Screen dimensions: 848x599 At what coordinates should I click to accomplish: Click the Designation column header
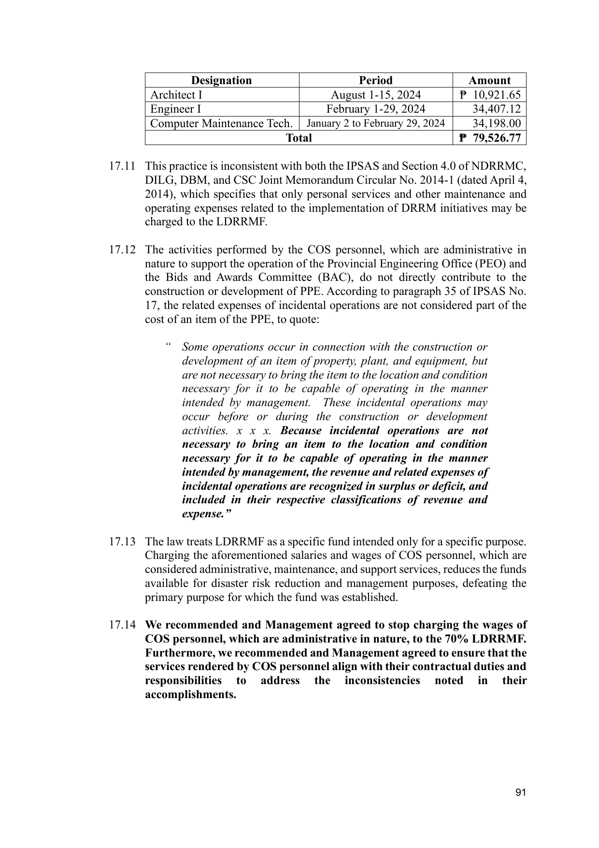click(x=221, y=80)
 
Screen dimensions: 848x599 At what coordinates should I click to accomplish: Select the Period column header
click(x=375, y=80)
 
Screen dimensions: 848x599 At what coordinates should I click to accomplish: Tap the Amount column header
click(x=489, y=80)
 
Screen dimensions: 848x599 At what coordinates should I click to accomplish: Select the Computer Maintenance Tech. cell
click(x=221, y=123)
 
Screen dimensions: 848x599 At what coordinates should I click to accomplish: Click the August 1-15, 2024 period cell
click(x=375, y=95)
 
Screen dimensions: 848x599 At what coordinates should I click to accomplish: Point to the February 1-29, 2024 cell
click(x=375, y=109)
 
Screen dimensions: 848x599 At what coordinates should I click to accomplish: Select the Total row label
click(x=299, y=138)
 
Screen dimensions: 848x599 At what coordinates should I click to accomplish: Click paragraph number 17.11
click(x=122, y=166)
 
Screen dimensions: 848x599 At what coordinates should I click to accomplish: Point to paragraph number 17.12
click(x=122, y=250)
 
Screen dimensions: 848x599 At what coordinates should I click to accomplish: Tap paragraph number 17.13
click(x=122, y=541)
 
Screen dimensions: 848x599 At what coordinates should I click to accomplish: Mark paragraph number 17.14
click(x=122, y=625)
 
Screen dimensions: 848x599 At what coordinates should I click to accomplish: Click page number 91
click(x=520, y=792)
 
